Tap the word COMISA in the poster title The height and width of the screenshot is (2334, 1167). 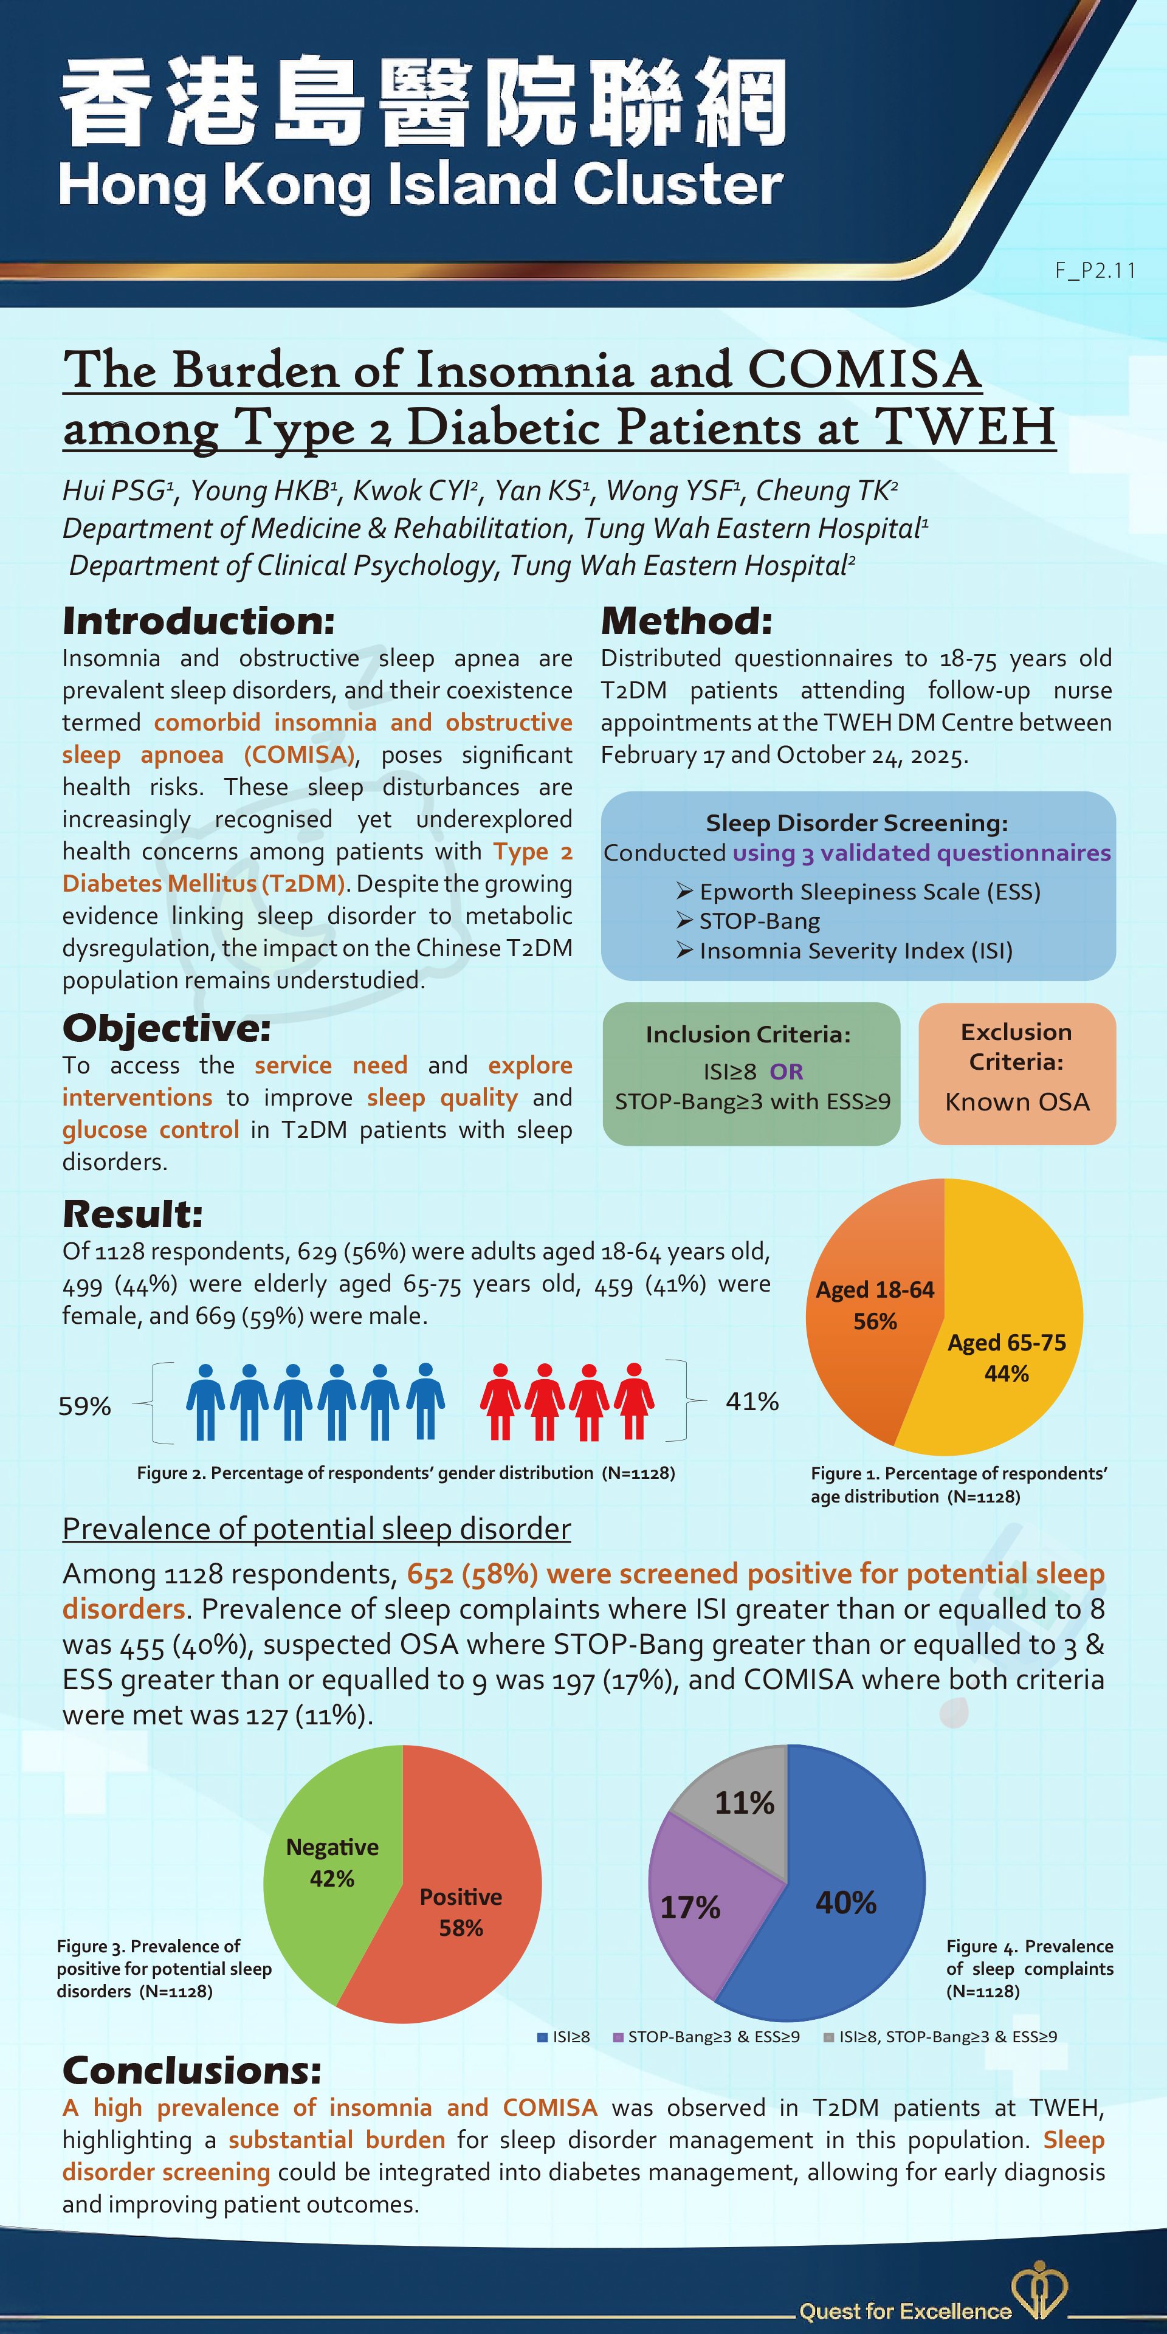(864, 371)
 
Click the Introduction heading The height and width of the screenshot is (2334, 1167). (198, 622)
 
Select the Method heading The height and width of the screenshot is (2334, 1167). (686, 622)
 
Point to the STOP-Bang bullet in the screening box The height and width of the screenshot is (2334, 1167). (759, 921)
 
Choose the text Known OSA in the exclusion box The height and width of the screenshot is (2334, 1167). (1017, 1102)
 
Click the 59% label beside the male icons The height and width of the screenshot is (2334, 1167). (84, 1406)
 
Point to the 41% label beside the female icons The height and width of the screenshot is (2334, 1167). (752, 1402)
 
